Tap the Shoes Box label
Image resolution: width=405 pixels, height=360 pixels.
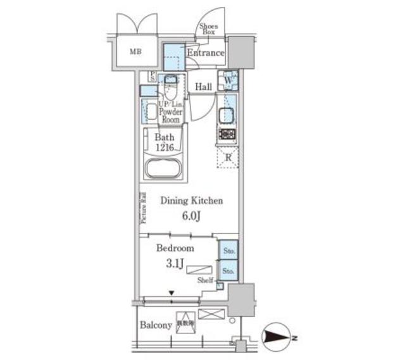(x=208, y=28)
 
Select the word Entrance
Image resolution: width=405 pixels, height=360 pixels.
(x=206, y=53)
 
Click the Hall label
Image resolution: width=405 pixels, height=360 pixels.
(x=202, y=87)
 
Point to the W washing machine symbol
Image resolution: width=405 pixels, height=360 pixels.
(x=228, y=81)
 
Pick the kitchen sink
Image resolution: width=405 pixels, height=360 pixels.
(x=227, y=116)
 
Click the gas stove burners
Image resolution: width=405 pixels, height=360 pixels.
(x=227, y=134)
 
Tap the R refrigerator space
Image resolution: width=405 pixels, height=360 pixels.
(x=228, y=156)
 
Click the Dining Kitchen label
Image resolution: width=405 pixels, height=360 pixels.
(x=190, y=201)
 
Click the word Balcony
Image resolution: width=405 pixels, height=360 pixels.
(x=156, y=325)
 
